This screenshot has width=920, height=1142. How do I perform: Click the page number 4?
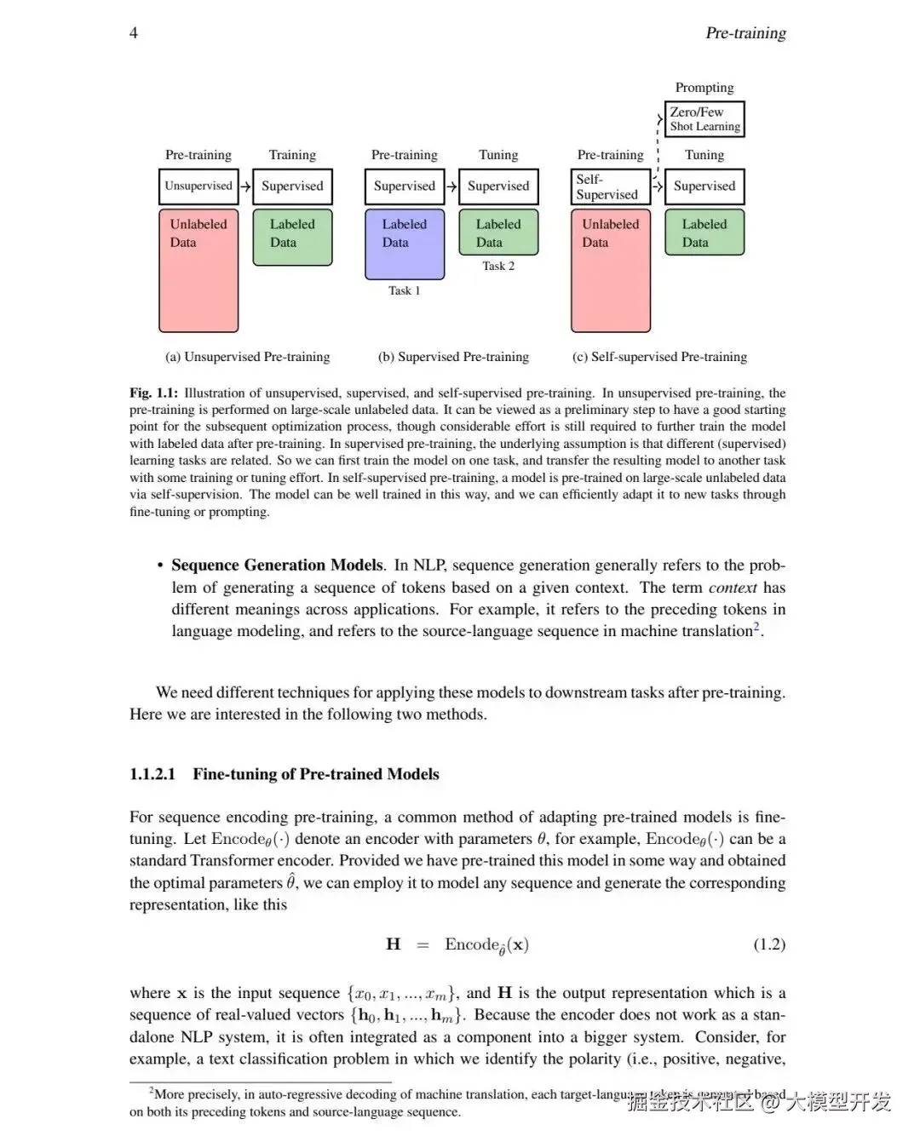134,32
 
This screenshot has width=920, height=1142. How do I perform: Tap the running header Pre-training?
745,33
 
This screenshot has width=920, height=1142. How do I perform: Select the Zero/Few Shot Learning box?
704,119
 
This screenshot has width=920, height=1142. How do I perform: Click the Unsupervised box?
198,187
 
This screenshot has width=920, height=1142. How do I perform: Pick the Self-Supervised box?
610,187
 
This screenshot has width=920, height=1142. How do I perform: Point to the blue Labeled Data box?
405,244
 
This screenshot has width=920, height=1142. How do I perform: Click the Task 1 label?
405,291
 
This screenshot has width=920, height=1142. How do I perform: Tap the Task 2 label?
498,267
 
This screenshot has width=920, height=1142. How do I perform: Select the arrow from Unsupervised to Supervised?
245,187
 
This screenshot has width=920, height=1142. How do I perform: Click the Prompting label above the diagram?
704,88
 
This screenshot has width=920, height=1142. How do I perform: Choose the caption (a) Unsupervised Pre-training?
247,357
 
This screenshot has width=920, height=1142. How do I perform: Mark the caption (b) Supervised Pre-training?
453,357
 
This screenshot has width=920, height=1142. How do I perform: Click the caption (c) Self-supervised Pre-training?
659,357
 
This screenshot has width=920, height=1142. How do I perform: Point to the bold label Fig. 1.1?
154,393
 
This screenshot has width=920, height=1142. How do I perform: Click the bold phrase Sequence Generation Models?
278,565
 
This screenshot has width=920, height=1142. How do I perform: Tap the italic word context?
733,588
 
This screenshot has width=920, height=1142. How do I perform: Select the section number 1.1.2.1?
152,774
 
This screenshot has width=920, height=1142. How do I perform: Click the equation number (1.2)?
769,944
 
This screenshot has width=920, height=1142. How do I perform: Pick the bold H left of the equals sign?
394,944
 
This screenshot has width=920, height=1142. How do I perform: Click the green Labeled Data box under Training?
292,238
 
